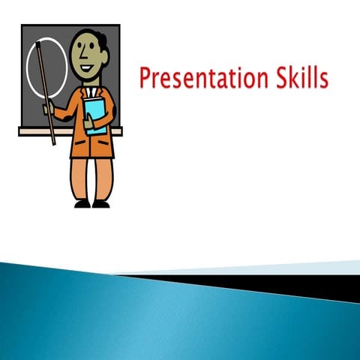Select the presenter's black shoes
(x=91, y=203)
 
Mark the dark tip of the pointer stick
(x=35, y=46)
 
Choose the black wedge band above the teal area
(x=300, y=283)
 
